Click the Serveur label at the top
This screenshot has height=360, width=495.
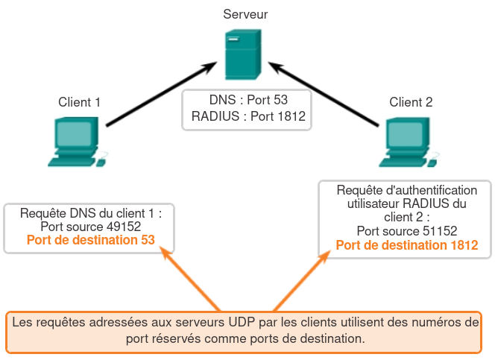pyautogui.click(x=245, y=14)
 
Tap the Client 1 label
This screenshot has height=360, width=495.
pyautogui.click(x=80, y=102)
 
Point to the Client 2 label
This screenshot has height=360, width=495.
pyautogui.click(x=411, y=102)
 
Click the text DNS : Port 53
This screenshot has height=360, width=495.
pyautogui.click(x=248, y=100)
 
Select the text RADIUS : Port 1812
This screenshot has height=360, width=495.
pyautogui.click(x=248, y=116)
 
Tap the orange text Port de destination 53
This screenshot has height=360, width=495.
pyautogui.click(x=90, y=240)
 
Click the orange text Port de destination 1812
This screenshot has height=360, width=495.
pyautogui.click(x=406, y=244)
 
